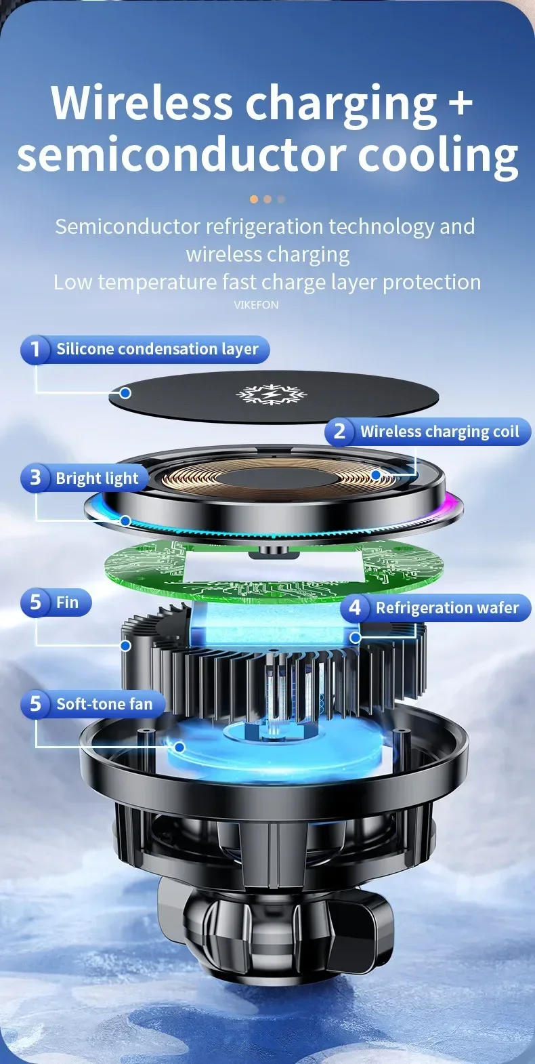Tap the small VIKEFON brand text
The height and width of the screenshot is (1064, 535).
click(256, 305)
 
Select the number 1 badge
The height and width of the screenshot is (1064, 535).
click(35, 350)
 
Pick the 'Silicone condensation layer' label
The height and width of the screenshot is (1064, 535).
click(157, 350)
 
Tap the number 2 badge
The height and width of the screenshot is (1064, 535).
click(339, 432)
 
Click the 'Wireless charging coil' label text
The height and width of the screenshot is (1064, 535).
click(440, 432)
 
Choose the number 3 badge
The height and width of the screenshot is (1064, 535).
click(35, 478)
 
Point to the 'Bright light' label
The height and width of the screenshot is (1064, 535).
click(97, 478)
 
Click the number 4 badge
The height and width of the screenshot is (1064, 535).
click(354, 608)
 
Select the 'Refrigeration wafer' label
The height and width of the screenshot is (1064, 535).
click(447, 608)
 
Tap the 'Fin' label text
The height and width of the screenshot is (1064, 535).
click(67, 602)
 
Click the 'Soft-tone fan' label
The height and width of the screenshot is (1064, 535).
click(104, 704)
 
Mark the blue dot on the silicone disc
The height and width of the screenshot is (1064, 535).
click(125, 392)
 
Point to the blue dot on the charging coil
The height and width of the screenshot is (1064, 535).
click(376, 475)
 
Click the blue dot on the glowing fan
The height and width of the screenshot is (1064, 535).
click(179, 747)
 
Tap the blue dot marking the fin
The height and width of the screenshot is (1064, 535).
click(125, 645)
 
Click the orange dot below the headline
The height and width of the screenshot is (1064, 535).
click(254, 199)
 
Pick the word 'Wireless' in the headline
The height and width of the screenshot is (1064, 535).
click(142, 103)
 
